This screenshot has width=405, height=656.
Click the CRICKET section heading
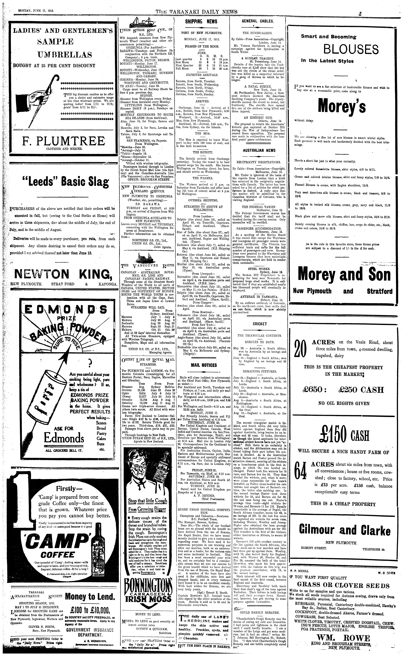coord(260,324)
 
